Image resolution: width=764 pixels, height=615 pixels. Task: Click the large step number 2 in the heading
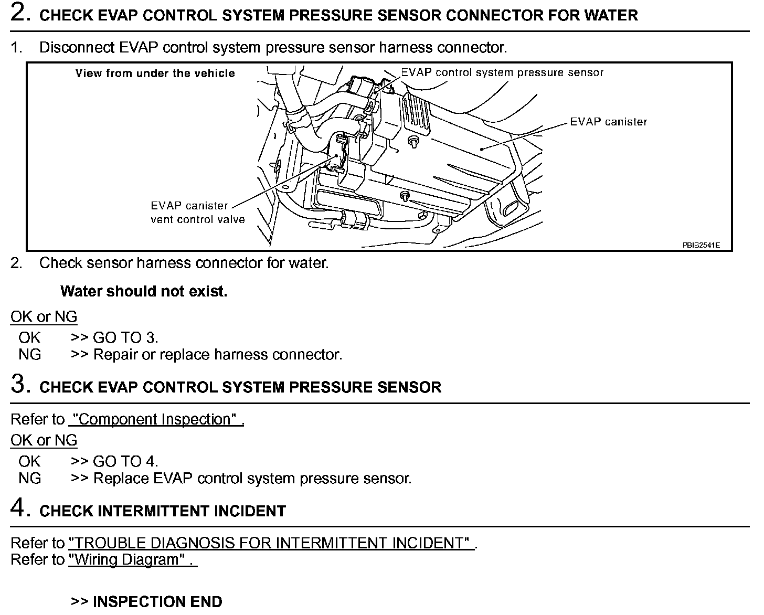(19, 14)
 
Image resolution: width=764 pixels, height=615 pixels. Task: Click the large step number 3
(19, 386)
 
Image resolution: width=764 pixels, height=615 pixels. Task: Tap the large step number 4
(19, 509)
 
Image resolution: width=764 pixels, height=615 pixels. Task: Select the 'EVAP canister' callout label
(609, 122)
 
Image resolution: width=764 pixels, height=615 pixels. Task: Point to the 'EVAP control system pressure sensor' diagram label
(502, 73)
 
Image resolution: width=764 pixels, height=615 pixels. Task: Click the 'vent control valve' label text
(198, 219)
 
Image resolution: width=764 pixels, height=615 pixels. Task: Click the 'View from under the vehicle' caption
(155, 73)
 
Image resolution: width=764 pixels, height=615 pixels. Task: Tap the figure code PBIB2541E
(701, 245)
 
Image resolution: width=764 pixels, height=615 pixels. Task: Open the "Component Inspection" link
(156, 420)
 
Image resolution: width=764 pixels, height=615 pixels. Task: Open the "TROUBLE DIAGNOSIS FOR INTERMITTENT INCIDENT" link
(271, 543)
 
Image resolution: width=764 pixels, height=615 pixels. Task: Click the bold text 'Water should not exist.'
(144, 292)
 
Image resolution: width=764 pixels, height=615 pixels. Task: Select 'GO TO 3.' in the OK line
(125, 338)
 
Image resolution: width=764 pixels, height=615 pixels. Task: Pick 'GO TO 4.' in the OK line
(125, 462)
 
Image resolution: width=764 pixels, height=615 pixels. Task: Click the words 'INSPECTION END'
(157, 601)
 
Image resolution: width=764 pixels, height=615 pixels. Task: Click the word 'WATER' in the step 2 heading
(609, 15)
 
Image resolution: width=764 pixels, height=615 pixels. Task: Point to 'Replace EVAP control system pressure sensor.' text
(252, 479)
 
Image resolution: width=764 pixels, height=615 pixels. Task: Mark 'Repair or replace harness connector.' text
(218, 355)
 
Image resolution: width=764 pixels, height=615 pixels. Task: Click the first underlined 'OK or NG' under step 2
(44, 317)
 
